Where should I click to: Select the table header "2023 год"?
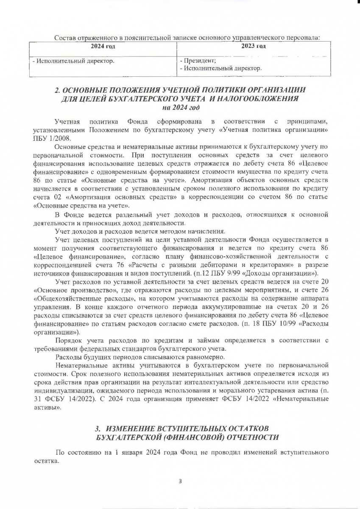(253, 46)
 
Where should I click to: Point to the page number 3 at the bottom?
(180, 481)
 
